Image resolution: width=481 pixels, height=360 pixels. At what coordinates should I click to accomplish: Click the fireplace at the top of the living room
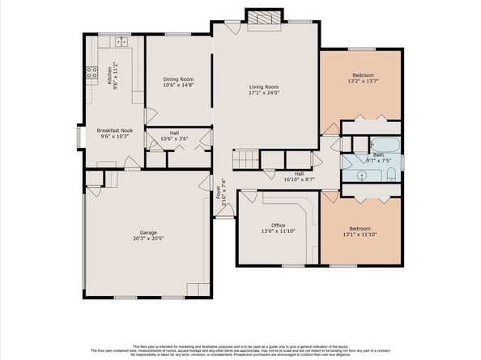coord(262,19)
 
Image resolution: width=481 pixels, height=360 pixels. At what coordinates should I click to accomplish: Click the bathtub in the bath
coord(381,146)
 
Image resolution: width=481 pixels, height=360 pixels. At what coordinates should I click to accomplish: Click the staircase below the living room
coord(245,159)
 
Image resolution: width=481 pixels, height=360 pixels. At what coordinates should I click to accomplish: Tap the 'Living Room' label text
coord(262,87)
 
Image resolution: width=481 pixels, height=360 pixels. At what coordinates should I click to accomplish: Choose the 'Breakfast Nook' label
coord(115,130)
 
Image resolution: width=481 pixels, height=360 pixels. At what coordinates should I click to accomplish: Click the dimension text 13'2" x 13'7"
coord(362,81)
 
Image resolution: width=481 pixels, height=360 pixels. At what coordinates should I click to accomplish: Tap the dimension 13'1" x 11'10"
coord(362,235)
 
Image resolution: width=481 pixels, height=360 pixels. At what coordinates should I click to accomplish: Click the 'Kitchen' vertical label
coord(110,77)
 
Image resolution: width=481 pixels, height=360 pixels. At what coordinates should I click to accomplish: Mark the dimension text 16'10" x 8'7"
coord(298,179)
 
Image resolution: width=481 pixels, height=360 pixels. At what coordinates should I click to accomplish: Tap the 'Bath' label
coord(378,154)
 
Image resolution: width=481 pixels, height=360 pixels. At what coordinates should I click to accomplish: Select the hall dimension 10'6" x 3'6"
coord(174,139)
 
